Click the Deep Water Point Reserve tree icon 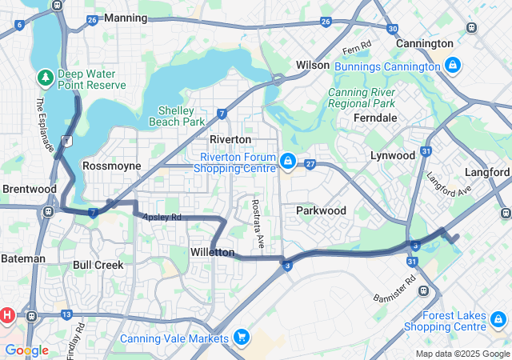coord(45,77)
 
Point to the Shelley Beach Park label coord(177,116)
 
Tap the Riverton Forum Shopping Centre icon coord(286,162)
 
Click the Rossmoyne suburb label coord(111,166)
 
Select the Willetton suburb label coord(213,252)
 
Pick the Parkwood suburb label coord(321,210)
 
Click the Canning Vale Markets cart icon coord(241,338)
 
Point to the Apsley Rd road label coord(162,217)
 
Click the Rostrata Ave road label coord(257,222)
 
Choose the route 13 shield coord(66,314)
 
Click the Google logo coord(26,350)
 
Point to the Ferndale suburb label coord(375,118)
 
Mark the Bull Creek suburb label coord(98,264)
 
